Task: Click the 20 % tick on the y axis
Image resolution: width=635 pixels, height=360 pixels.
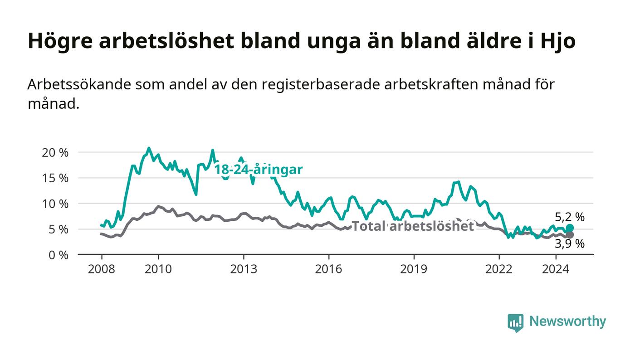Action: (x=55, y=153)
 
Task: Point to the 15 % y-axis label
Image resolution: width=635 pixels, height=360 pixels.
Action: (x=55, y=178)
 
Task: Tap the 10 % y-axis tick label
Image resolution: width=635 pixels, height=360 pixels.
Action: (x=55, y=204)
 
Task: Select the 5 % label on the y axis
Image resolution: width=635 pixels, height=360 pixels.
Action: (x=59, y=229)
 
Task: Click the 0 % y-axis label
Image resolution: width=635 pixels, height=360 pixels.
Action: (x=59, y=255)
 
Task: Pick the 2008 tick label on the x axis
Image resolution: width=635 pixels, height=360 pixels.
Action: (x=102, y=269)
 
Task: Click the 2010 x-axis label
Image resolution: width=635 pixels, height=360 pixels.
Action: (x=158, y=269)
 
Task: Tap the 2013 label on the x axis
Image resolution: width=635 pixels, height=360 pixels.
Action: (x=244, y=269)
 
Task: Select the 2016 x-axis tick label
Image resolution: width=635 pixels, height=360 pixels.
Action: (x=328, y=269)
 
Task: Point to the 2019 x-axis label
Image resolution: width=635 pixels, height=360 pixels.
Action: (x=414, y=269)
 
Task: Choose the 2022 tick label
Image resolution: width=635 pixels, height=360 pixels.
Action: (x=499, y=269)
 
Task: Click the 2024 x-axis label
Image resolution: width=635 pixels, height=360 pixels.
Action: (x=556, y=269)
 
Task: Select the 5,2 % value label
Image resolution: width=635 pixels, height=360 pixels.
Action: (x=570, y=217)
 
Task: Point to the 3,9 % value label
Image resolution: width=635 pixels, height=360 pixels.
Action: (x=570, y=244)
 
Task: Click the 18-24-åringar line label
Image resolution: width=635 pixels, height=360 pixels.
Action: (x=259, y=170)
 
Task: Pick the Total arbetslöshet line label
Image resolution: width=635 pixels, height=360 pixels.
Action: (x=413, y=226)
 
